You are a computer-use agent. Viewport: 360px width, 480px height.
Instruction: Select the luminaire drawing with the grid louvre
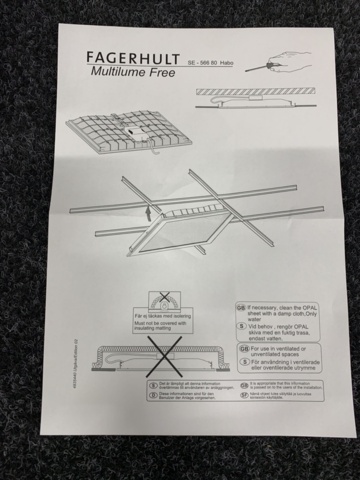click(115, 129)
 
